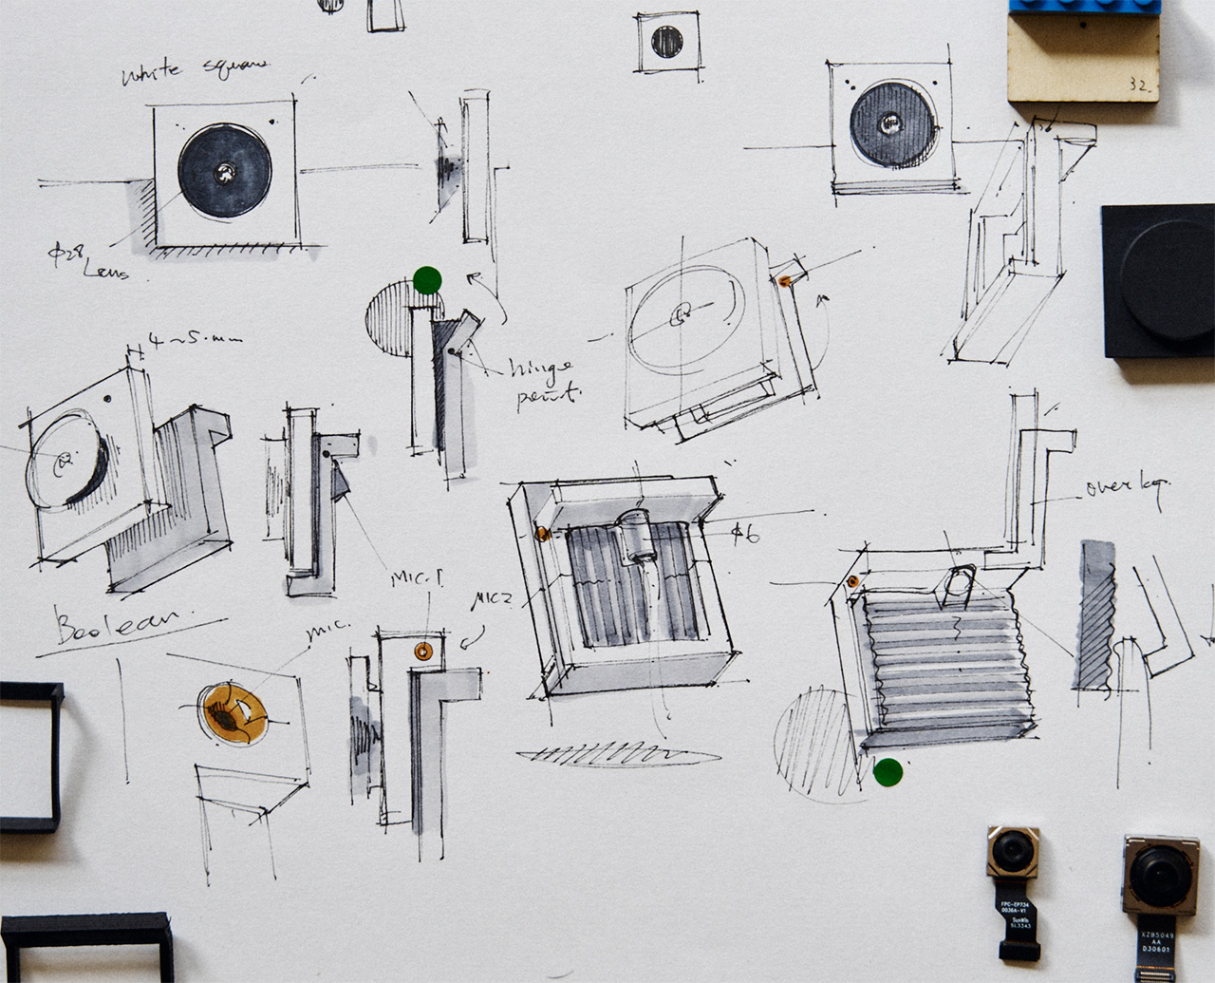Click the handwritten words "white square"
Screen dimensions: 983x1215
(x=195, y=71)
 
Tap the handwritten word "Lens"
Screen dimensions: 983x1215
(x=106, y=272)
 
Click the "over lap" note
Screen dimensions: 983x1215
(x=1127, y=487)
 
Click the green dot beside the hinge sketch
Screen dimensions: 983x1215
(x=428, y=280)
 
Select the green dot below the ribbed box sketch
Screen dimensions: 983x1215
(x=888, y=773)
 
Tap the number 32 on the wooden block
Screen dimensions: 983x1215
(x=1140, y=85)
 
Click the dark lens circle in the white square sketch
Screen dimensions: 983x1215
(x=224, y=172)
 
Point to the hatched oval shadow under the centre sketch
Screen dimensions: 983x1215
(x=615, y=754)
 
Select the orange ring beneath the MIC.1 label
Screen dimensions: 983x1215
(x=423, y=651)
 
